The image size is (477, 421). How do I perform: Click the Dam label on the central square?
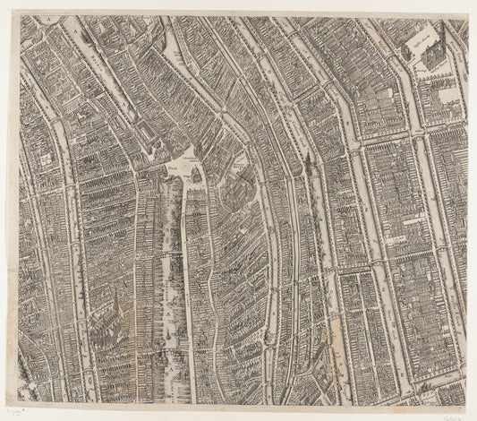pos(171,166)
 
